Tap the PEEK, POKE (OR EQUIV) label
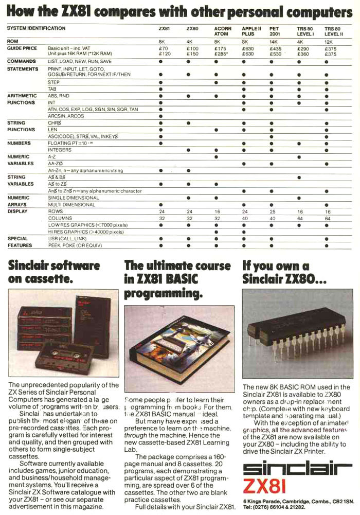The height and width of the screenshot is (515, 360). coord(75,245)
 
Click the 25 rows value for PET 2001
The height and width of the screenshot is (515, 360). coord(272,211)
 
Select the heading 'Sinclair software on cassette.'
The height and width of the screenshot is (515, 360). coord(53,273)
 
